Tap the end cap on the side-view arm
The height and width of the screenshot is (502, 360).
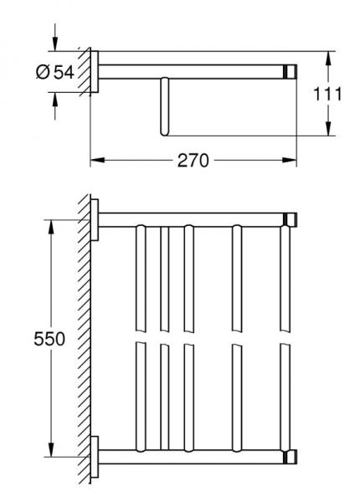[x=291, y=72]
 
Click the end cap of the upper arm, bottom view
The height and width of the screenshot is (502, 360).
[x=291, y=221]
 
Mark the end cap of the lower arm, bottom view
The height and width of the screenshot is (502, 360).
[x=291, y=457]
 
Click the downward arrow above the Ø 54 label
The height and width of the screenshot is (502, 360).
[x=56, y=43]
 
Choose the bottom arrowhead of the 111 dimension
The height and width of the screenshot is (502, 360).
[x=327, y=131]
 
